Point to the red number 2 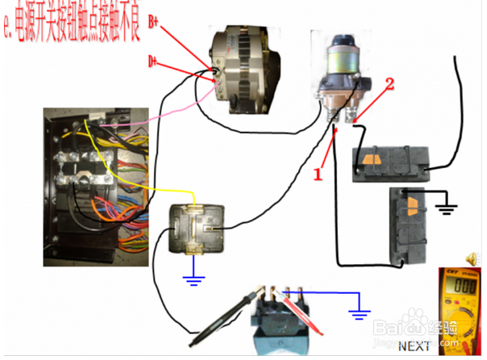tap(391, 83)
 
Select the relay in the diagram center tap(198, 230)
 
